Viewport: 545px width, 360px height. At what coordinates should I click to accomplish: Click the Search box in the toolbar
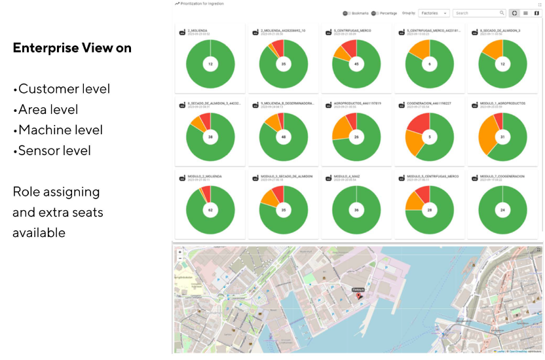pos(478,13)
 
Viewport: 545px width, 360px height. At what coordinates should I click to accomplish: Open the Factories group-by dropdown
pos(434,13)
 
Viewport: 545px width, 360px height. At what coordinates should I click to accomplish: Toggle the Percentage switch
pos(374,13)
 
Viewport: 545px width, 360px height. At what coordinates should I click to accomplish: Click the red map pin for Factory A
pos(358,297)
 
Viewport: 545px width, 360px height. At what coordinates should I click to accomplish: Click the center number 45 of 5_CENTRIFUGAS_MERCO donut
pos(356,64)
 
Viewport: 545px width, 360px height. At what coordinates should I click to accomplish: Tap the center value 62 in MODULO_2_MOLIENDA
pos(210,210)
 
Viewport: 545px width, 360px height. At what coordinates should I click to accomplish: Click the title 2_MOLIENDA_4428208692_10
pos(283,30)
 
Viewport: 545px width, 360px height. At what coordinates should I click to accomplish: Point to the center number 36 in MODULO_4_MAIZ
pos(356,210)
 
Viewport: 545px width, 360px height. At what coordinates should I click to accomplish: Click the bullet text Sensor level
pos(54,151)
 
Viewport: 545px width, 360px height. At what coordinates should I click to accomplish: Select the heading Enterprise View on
pos(72,48)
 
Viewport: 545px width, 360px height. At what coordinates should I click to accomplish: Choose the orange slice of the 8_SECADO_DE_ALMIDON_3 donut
pos(493,48)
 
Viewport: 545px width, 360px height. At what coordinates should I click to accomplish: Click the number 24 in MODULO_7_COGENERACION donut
pos(502,210)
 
